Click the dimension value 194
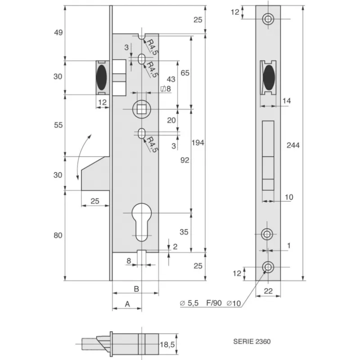pyautogui.click(x=198, y=143)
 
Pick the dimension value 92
pyautogui.click(x=184, y=160)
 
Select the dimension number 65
pyautogui.click(x=184, y=73)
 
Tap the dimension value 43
pyautogui.click(x=171, y=79)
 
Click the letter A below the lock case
pyautogui.click(x=127, y=304)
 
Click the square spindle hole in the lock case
pyautogui.click(x=142, y=108)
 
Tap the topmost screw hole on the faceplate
pyautogui.click(x=269, y=18)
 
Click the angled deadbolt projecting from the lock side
pyautogui.click(x=95, y=173)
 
